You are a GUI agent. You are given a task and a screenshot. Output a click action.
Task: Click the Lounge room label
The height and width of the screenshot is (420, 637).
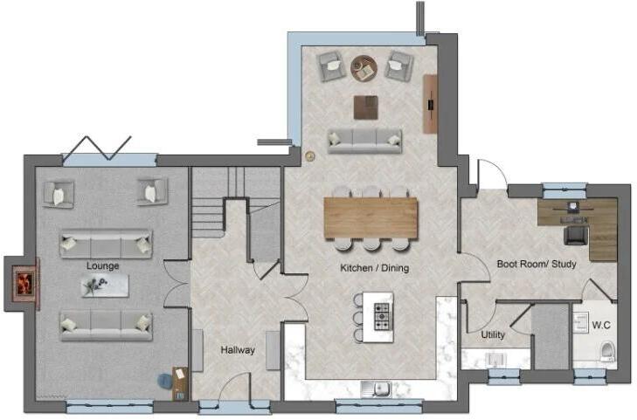click(x=103, y=265)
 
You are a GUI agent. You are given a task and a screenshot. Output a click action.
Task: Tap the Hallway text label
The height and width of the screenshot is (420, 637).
click(x=238, y=350)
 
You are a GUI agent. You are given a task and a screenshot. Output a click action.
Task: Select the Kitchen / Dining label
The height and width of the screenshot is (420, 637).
click(x=374, y=268)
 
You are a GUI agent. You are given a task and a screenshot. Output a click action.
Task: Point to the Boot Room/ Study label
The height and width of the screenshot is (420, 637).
click(x=537, y=263)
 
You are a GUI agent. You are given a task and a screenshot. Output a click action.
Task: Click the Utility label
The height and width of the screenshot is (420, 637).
click(x=493, y=334)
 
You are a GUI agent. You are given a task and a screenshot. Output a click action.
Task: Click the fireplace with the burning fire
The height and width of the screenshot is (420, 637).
click(x=24, y=283)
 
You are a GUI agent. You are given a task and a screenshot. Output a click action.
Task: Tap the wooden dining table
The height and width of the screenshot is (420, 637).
click(x=370, y=217)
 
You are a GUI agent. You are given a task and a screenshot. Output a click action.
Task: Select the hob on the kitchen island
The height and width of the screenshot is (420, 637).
click(x=382, y=316)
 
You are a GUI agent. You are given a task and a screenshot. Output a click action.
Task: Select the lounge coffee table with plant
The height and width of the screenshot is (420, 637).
click(x=105, y=285)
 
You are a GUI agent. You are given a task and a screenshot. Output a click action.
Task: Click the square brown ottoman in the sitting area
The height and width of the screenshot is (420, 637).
click(x=365, y=107)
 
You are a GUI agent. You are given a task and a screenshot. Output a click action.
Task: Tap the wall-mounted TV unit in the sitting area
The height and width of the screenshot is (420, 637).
click(x=430, y=104)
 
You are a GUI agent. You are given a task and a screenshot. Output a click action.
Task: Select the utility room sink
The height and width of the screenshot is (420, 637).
click(x=496, y=358)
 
